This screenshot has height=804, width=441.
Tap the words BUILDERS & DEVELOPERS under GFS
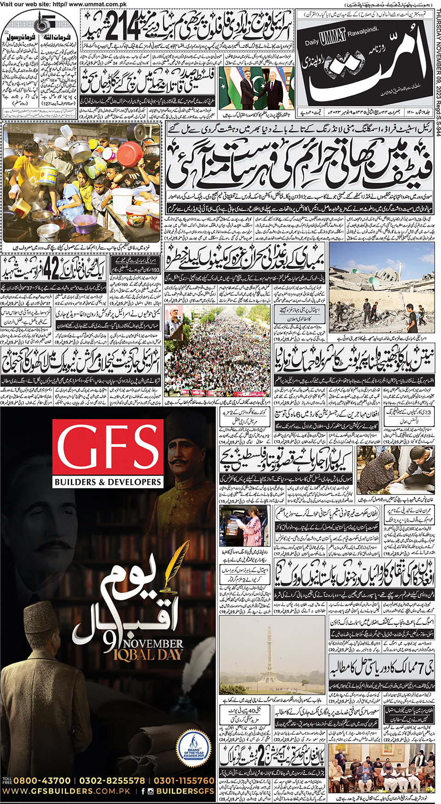[108, 482]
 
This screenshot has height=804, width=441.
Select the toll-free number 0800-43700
[42, 781]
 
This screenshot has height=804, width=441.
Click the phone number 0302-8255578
[112, 781]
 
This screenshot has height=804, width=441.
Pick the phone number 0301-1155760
[184, 781]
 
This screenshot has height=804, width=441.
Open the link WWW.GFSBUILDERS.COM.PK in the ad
[67, 791]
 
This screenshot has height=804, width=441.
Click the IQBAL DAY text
[148, 654]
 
